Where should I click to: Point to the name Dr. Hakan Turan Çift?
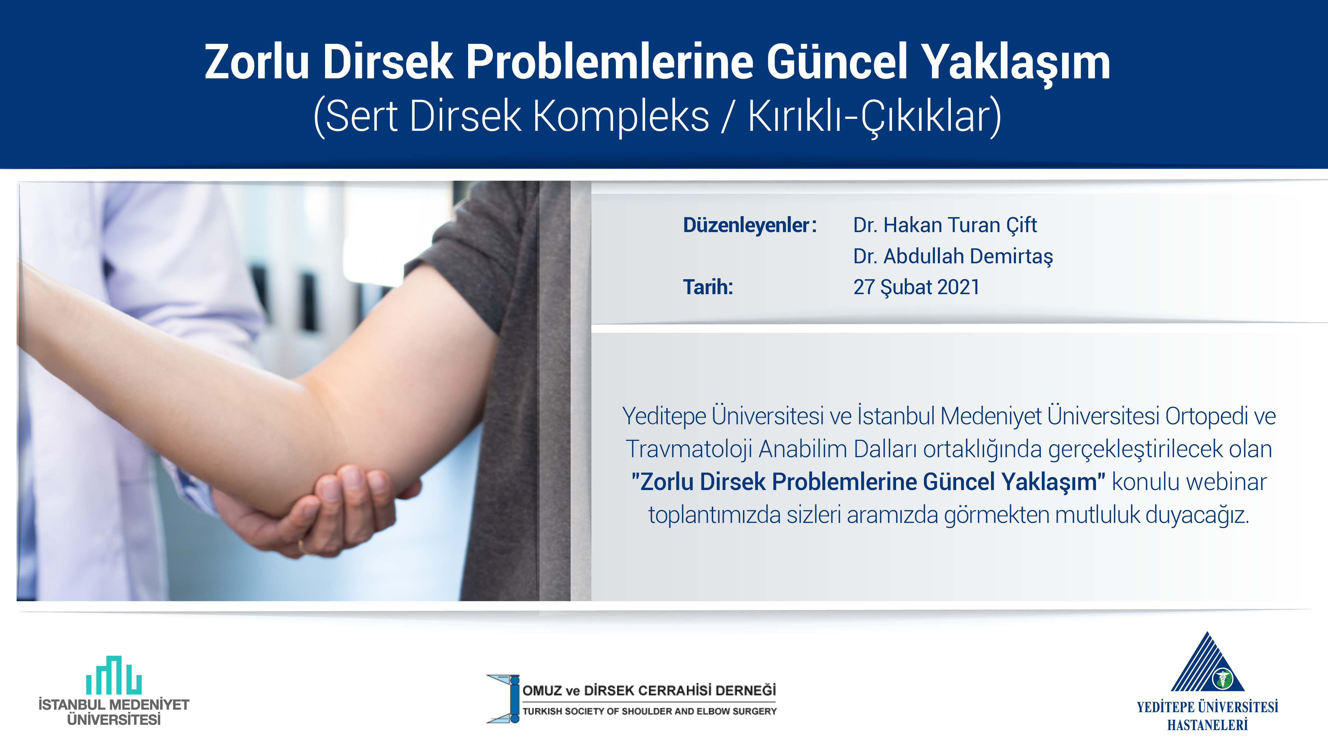[x=945, y=225]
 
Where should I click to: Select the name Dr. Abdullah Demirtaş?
[x=953, y=257]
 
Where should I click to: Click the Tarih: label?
[x=708, y=287]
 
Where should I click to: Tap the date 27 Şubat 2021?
[x=916, y=288]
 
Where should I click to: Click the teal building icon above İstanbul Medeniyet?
[x=114, y=675]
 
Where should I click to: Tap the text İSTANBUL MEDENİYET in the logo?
[x=114, y=705]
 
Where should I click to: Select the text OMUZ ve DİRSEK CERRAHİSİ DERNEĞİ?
[x=649, y=690]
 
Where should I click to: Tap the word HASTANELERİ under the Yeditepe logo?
[x=1207, y=725]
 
